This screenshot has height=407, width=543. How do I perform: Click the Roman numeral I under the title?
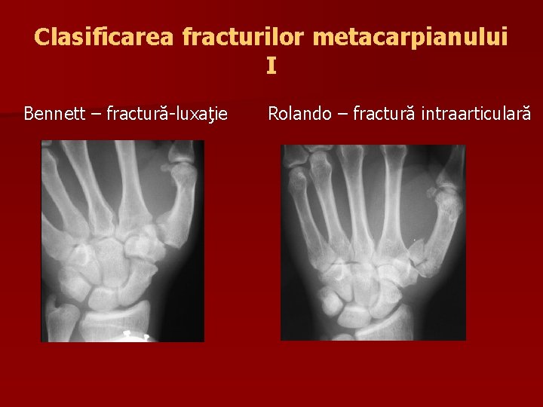[271, 66]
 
